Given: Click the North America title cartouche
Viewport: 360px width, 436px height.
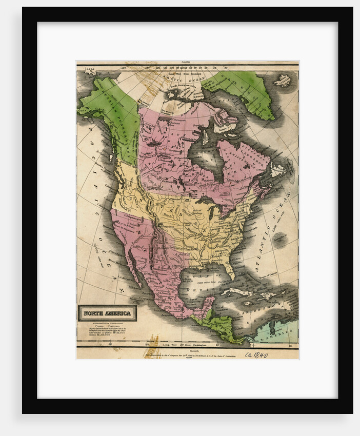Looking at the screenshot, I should tap(107, 313).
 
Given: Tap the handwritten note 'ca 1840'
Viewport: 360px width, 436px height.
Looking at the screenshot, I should tap(256, 354).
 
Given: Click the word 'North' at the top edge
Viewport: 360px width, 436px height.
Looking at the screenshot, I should tap(188, 63).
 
